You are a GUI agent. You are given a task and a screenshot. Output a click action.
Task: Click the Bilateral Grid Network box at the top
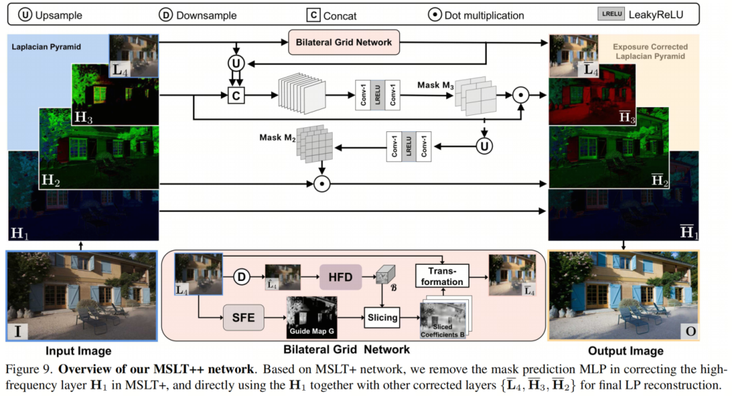click(x=344, y=43)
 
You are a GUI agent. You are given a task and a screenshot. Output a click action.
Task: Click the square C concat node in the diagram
click(x=236, y=97)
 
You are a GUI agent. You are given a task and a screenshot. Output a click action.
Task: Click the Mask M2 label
click(x=278, y=138)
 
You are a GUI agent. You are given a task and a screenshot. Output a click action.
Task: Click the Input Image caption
click(x=78, y=351)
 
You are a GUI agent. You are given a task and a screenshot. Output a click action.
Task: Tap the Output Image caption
click(x=626, y=351)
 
